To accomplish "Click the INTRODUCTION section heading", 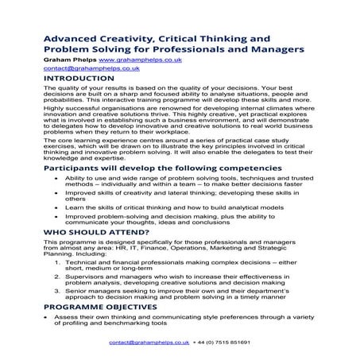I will [x=83, y=79].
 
